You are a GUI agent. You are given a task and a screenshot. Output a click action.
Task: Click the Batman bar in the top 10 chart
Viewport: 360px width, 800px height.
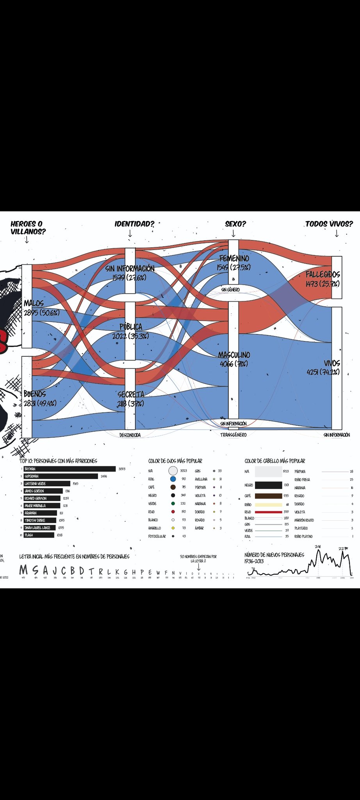pos(70,469)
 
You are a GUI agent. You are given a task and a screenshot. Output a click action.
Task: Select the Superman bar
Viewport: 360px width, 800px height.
pos(61,476)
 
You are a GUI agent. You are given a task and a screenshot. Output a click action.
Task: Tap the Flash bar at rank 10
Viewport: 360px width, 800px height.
pos(39,535)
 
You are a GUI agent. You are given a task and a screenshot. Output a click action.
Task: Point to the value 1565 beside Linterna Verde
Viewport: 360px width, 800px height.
pos(75,484)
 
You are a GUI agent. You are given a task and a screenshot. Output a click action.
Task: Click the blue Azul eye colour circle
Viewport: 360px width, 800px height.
pos(173,479)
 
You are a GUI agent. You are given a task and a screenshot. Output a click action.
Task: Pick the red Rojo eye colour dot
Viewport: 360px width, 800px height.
pos(173,512)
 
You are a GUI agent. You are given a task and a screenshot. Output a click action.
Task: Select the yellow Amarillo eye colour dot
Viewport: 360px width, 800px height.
pos(173,528)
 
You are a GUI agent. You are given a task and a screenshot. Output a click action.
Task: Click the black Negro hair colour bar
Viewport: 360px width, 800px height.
pos(268,485)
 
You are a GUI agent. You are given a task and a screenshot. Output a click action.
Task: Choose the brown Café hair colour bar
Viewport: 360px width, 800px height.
pos(268,496)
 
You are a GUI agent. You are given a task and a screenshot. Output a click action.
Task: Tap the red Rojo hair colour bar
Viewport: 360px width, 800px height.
pos(268,512)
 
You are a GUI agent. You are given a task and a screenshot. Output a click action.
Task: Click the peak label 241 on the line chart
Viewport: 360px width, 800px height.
pos(318,546)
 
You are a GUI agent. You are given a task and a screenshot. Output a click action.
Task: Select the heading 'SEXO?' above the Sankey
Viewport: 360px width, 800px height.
pos(235,224)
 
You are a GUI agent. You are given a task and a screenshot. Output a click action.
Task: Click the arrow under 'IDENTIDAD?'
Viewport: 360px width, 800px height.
pos(130,233)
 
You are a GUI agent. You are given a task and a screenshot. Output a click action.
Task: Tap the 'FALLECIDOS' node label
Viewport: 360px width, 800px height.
pos(323,275)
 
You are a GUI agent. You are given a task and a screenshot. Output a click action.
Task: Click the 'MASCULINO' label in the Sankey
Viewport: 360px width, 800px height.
pos(234,355)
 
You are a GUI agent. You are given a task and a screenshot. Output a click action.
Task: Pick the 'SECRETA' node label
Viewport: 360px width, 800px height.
pos(131,394)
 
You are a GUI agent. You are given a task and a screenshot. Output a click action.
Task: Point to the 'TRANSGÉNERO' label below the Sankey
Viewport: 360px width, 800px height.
pos(233,435)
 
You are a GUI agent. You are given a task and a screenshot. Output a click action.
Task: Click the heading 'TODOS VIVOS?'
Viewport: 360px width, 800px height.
pos(329,224)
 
